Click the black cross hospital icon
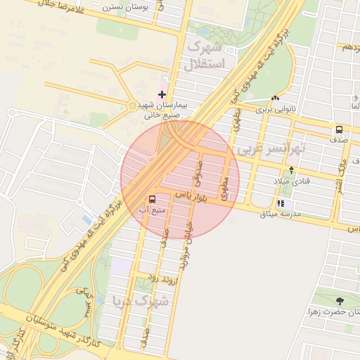(162, 94)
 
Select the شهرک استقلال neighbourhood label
(206, 56)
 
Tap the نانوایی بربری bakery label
(274, 110)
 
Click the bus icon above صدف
(340, 129)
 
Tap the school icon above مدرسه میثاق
(281, 203)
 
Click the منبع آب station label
(153, 210)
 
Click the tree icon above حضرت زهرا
(340, 300)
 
